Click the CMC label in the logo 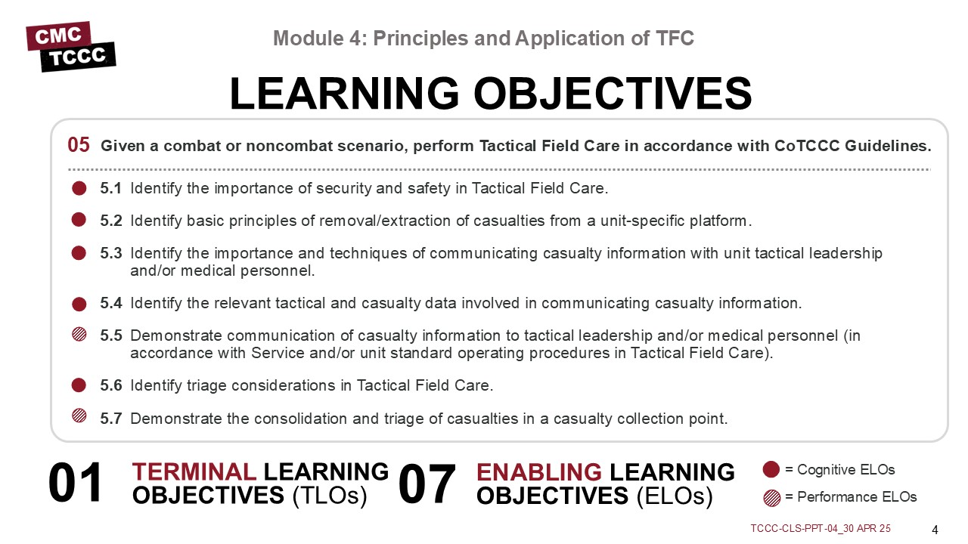58,36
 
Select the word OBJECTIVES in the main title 613,93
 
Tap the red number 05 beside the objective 78,144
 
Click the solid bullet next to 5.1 79,188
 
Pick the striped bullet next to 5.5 79,335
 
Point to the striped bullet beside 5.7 79,416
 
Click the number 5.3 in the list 111,253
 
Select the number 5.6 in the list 111,385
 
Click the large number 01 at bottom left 75,482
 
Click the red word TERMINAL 194,471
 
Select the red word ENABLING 539,472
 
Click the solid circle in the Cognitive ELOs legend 771,469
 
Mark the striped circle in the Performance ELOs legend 772,498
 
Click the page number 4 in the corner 935,530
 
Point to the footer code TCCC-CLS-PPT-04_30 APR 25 821,528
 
